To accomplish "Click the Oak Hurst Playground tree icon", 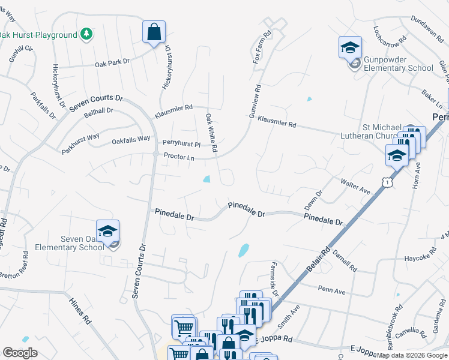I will [87, 34].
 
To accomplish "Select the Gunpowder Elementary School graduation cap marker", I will [350, 47].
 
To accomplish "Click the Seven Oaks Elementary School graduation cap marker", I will [107, 231].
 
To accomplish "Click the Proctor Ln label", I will [179, 158].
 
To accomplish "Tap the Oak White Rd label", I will [211, 133].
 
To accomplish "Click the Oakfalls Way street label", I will [131, 140].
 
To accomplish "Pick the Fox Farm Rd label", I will [263, 48].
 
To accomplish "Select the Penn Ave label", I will [331, 291].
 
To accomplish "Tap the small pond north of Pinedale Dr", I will [208, 178].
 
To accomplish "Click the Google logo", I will [20, 352].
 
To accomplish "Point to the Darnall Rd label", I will [345, 260].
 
